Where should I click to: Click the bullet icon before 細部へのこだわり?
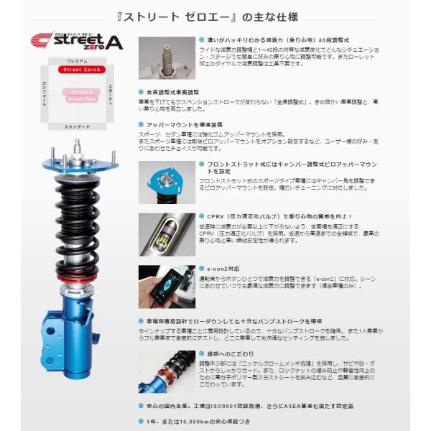click(x=200, y=354)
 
